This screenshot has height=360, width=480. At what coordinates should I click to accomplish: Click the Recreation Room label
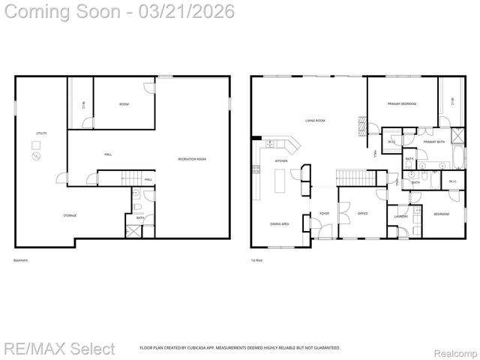[x=192, y=159]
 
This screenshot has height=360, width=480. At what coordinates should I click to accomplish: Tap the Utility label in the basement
[x=41, y=133]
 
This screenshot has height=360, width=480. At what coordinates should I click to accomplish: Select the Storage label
[x=69, y=215]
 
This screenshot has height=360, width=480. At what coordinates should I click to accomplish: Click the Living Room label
[x=314, y=120]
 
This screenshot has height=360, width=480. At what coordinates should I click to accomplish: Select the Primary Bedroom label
[x=402, y=104]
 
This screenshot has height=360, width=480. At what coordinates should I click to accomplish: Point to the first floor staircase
[x=351, y=177]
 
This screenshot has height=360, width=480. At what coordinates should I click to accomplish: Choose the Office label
[x=362, y=214]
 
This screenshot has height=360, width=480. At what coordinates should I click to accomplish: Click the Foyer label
[x=324, y=214]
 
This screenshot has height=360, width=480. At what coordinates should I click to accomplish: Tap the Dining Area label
[x=280, y=223]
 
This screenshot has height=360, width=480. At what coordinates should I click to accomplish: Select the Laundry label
[x=400, y=217]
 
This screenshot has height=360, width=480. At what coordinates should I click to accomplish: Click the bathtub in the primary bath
[x=457, y=158]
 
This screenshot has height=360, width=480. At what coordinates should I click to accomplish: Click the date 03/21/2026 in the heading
[x=188, y=11]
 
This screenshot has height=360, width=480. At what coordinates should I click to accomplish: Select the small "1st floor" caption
[x=257, y=260]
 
